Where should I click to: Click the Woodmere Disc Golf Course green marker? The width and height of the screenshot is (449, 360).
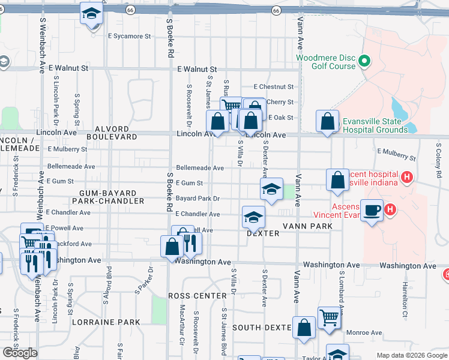pos(364,61)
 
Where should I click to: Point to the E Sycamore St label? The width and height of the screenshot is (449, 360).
pos(129,36)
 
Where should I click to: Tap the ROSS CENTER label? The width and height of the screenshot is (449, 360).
pos(197,296)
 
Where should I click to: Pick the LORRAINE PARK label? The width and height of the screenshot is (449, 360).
pos(106,322)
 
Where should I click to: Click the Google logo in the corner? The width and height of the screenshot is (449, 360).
pos(19,353)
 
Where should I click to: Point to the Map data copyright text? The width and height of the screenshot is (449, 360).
pos(412,356)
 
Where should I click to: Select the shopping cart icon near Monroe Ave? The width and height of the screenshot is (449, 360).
pos(329,318)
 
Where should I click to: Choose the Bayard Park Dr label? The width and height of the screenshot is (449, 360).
pos(197,198)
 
